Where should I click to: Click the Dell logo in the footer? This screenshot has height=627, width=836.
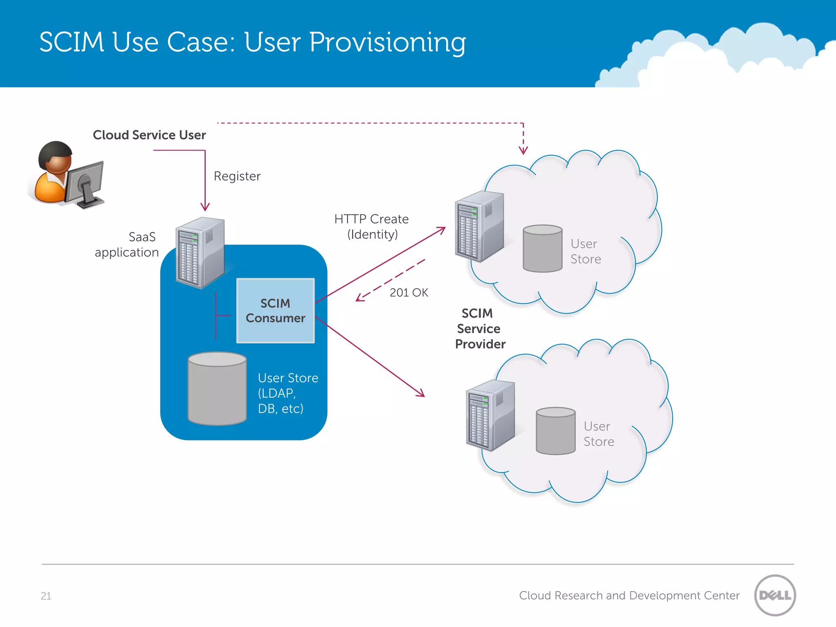(x=775, y=595)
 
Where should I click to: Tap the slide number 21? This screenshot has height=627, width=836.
(x=46, y=596)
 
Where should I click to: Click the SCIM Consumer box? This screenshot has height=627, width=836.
(x=275, y=311)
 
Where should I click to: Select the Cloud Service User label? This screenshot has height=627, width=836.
(x=149, y=135)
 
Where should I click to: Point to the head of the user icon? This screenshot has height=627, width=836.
(x=56, y=157)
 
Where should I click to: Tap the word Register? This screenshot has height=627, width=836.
(x=237, y=176)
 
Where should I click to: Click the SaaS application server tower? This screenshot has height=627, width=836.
(x=200, y=253)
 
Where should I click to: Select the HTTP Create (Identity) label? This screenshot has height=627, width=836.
(x=371, y=227)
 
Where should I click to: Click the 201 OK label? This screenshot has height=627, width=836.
(x=409, y=293)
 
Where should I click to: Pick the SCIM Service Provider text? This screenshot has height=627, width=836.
(x=480, y=329)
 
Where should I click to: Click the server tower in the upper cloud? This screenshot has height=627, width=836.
(x=479, y=226)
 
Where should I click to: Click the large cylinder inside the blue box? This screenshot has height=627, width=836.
(x=217, y=388)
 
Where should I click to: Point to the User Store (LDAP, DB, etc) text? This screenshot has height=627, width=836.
(x=287, y=393)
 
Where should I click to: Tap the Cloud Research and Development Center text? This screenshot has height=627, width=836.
(x=629, y=596)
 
